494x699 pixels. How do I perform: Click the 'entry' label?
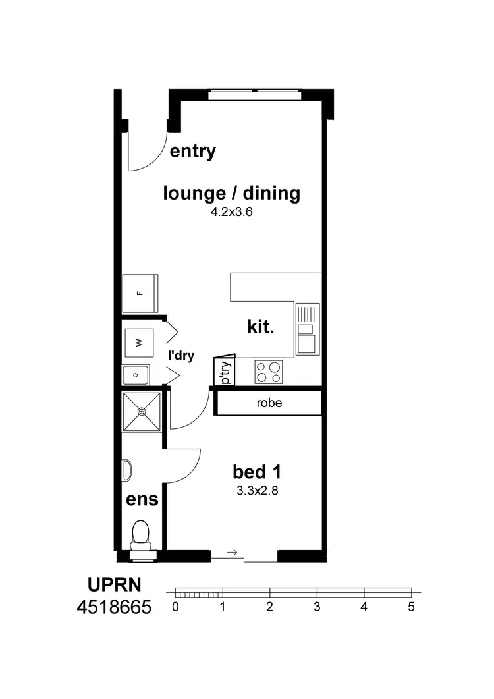tap(193, 151)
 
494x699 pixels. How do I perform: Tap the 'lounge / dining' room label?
tap(231, 193)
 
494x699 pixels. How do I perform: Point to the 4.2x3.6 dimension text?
tap(231, 213)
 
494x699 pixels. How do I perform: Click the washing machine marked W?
tap(139, 342)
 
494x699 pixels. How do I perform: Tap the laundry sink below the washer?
tap(136, 375)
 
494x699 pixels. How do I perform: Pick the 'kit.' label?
tap(260, 327)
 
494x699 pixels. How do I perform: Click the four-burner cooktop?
tap(269, 372)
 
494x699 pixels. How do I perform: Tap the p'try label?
tap(225, 372)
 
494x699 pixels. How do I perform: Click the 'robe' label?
tap(269, 403)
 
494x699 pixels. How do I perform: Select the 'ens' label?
tap(142, 499)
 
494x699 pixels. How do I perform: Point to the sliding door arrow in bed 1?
tap(231, 552)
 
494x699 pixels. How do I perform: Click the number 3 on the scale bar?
tap(317, 607)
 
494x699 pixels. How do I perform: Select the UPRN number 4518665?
tap(113, 607)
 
